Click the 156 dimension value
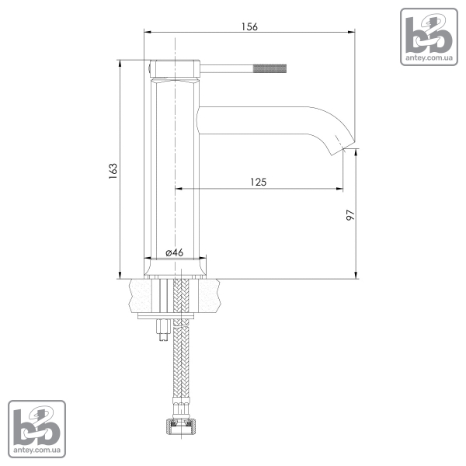[249, 26]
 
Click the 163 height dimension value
[113, 171]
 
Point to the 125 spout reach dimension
[259, 182]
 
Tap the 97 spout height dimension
[351, 214]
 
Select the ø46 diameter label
[175, 252]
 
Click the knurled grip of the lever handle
[270, 68]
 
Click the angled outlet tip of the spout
[343, 147]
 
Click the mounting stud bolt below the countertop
[163, 330]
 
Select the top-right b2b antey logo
[429, 37]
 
